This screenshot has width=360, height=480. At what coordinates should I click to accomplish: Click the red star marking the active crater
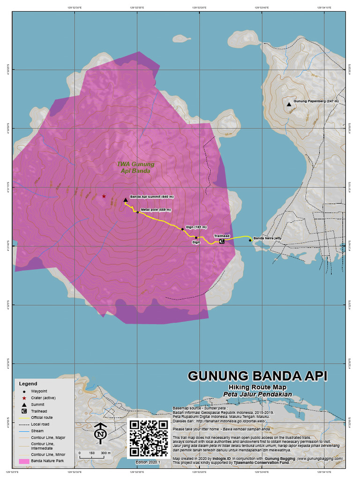pos(104,196)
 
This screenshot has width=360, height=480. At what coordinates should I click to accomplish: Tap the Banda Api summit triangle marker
pos(126,200)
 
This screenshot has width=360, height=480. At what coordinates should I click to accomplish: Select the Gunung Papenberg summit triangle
pos(289,105)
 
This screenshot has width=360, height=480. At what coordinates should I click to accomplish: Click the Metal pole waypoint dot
pos(137,212)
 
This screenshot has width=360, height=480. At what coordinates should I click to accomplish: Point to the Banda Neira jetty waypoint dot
pos(250,240)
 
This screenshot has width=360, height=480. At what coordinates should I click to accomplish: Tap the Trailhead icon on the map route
pos(221,241)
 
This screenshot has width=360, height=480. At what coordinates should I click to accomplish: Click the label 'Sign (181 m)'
pos(196,226)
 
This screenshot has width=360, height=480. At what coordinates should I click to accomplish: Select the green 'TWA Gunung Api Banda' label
pos(135,168)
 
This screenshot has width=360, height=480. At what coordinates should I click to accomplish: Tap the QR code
pos(148,438)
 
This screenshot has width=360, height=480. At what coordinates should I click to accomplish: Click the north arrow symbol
pos(100,434)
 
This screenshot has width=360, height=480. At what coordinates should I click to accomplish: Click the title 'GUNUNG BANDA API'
pos(257,376)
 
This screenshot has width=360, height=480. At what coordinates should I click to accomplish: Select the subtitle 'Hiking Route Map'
pos(257,387)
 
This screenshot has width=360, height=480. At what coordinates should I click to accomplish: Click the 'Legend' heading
pos(28,383)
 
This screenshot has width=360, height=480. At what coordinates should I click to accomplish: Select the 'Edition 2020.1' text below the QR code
pos(148,462)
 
